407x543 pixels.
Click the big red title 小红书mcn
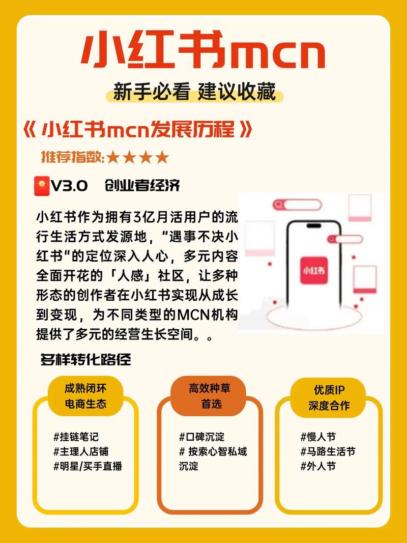(203, 51)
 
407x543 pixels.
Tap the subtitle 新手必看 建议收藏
(195, 93)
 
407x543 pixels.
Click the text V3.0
(69, 186)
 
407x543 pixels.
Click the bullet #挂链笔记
(75, 436)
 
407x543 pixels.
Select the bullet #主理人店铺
(80, 451)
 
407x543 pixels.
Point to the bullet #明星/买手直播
(88, 466)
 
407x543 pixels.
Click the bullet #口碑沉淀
(201, 436)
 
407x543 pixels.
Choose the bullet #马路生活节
(328, 451)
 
